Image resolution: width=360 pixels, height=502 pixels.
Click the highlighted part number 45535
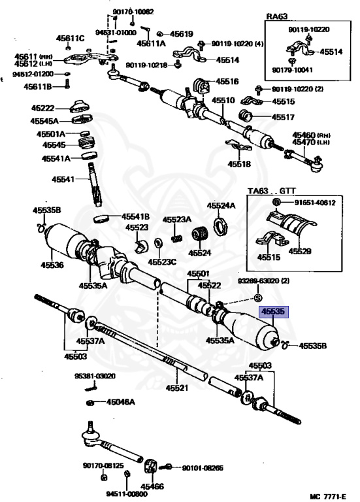273,311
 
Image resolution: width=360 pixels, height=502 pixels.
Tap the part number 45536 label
52,265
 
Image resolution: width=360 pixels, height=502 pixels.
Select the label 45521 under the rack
177,388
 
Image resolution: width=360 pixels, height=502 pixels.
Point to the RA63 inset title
277,16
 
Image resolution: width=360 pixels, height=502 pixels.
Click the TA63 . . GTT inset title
272,191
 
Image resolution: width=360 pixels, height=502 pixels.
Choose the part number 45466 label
152,486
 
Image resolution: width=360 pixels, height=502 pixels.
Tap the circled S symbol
258,298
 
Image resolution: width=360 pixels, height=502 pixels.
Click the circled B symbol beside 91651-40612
276,203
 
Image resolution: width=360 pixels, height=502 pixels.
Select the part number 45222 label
43,109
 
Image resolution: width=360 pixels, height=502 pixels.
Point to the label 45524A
221,205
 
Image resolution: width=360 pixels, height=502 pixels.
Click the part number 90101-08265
203,469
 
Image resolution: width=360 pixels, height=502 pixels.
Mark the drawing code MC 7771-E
328,497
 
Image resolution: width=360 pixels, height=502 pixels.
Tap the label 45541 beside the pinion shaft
63,179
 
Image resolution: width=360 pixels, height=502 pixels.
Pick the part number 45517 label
283,118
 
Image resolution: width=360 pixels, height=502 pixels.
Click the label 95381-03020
95,376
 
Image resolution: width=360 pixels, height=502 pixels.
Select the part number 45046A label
121,402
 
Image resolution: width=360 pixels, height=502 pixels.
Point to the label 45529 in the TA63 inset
300,251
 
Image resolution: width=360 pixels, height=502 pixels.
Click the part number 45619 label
182,33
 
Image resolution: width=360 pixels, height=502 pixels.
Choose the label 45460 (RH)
312,135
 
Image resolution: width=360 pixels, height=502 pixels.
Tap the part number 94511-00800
127,494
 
